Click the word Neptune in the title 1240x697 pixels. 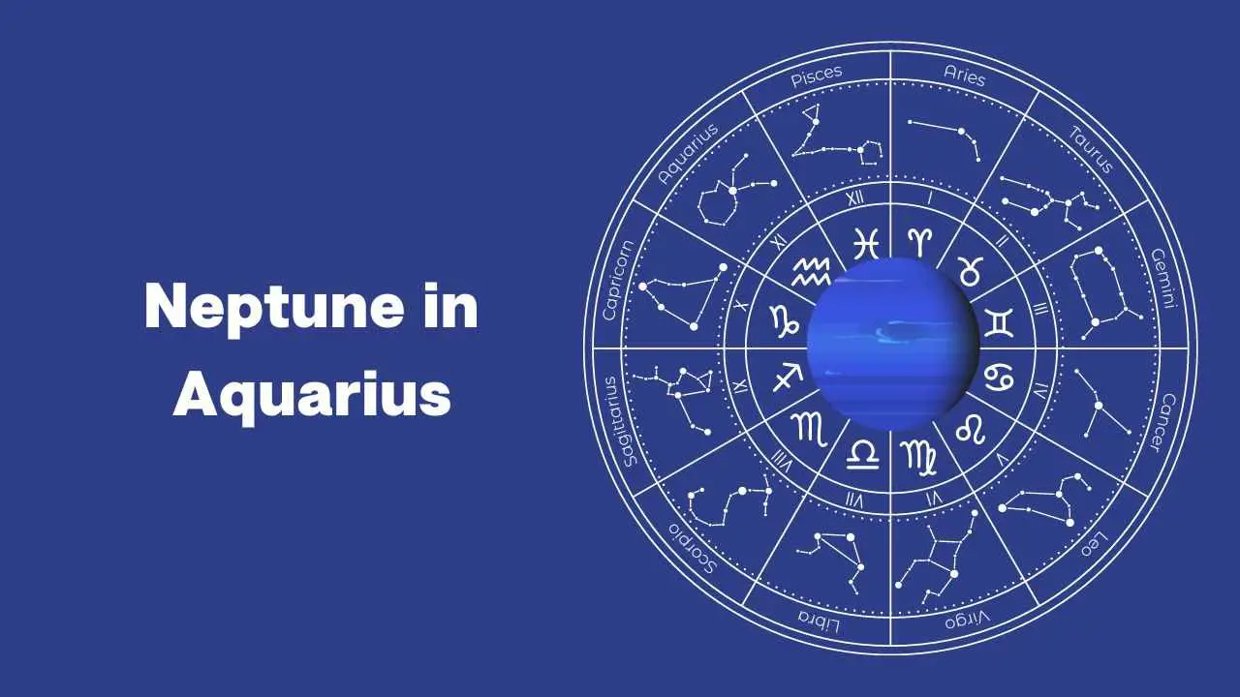[x=274, y=307]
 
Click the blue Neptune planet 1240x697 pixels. [x=892, y=344]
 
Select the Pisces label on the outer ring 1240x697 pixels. [x=817, y=76]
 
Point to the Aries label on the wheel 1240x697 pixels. [x=964, y=76]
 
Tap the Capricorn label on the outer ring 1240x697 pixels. [x=618, y=281]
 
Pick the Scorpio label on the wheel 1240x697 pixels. [x=693, y=548]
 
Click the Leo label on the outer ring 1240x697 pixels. [x=1095, y=544]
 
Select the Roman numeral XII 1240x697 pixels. [x=855, y=198]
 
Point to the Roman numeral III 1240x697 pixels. [x=1040, y=308]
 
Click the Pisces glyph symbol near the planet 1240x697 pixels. [x=866, y=243]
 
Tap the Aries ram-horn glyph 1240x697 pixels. [x=919, y=242]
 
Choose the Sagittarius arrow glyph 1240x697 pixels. [x=788, y=377]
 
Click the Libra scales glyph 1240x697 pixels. [x=862, y=454]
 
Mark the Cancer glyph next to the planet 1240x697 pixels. [x=999, y=378]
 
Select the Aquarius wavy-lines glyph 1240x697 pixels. [x=811, y=272]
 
